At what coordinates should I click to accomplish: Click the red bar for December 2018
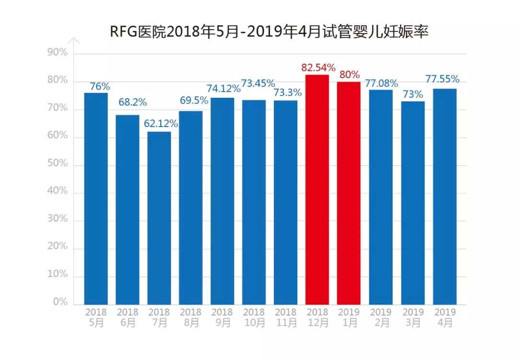317,189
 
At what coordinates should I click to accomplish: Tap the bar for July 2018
159,218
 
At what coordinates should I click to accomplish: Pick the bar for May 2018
96,198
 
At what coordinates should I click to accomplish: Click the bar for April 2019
445,196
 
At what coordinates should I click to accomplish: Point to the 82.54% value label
318,67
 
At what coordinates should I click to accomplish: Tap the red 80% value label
349,74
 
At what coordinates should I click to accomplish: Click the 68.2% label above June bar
133,102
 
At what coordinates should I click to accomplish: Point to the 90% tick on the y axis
58,53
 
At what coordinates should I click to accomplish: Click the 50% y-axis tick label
58,164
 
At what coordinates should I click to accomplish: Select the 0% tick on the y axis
60,302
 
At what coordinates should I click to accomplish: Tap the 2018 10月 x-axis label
254,317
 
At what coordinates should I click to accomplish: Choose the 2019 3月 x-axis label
413,317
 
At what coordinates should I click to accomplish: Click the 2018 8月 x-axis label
191,317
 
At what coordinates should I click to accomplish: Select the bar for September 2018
223,201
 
